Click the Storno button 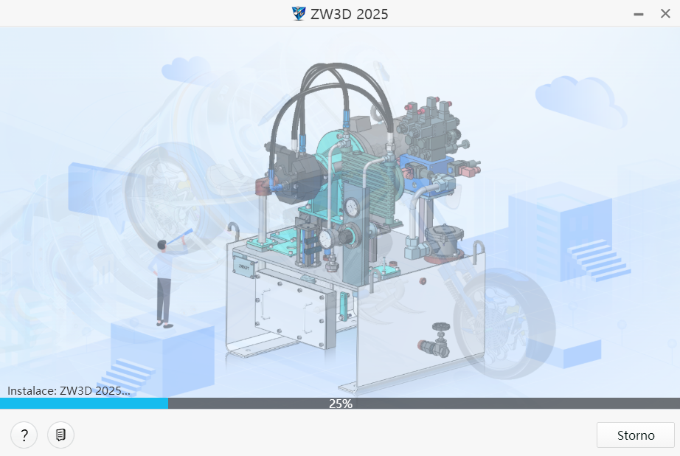tap(635, 435)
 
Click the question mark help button tap(24, 435)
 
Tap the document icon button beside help tap(60, 435)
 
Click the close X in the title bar tap(665, 13)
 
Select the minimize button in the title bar tap(638, 13)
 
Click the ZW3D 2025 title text tap(349, 13)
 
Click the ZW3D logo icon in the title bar tap(299, 13)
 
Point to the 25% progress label tap(340, 404)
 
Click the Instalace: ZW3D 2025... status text tap(69, 390)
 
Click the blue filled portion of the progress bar tap(83, 404)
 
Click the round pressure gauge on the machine tap(351, 206)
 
